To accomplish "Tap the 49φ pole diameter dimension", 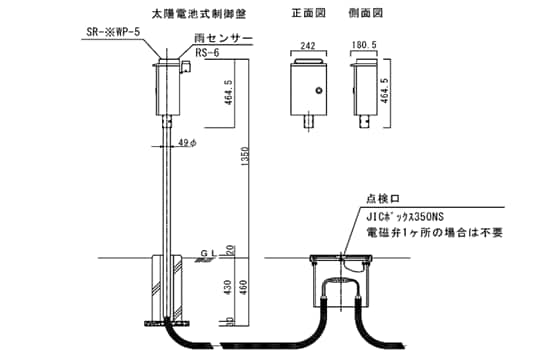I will click(186, 143).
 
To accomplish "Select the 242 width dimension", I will click(306, 46).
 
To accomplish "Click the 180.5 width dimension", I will click(365, 46).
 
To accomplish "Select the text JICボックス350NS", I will click(410, 216).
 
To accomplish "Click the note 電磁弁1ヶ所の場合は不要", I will click(432, 232).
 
